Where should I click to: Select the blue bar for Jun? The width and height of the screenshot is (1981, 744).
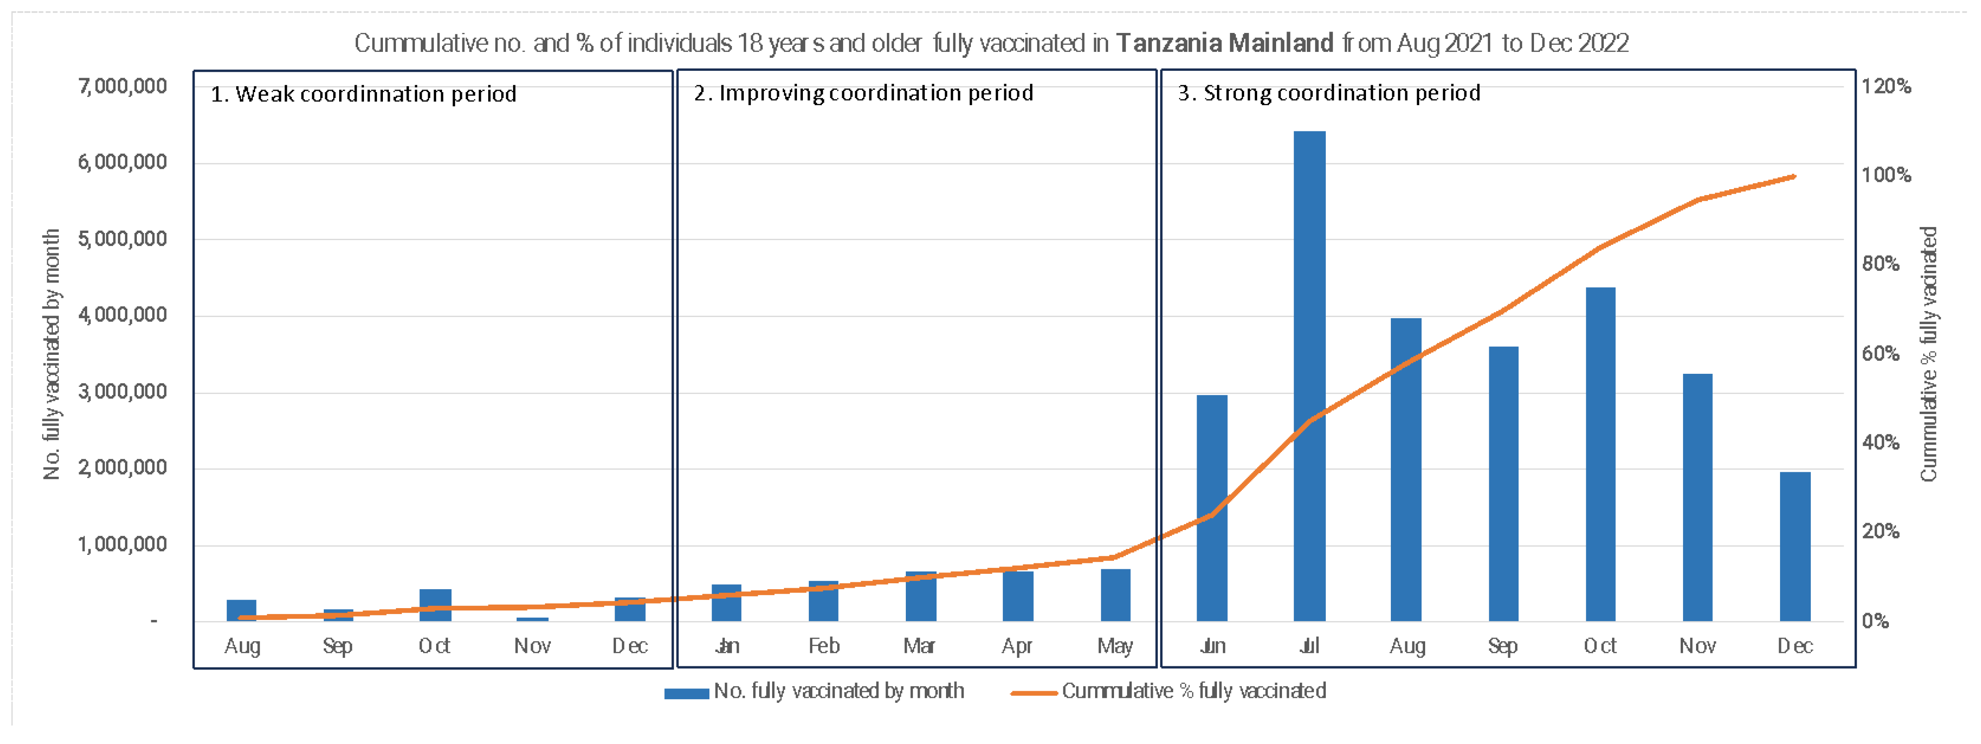(x=1212, y=507)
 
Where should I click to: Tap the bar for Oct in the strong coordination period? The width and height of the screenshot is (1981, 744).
(x=1600, y=453)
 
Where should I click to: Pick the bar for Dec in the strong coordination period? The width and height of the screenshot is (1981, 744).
(x=1795, y=546)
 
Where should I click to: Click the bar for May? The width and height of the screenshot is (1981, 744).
(x=1115, y=595)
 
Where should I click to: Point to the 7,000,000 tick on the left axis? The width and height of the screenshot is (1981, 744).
(x=122, y=86)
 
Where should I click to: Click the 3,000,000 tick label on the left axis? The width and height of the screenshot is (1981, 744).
(x=122, y=392)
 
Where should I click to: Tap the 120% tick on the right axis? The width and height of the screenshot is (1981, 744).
(x=1886, y=86)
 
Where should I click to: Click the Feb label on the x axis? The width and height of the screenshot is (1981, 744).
(x=824, y=646)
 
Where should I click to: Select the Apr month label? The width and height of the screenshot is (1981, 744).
(x=1016, y=646)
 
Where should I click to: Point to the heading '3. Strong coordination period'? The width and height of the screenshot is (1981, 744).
(x=1329, y=93)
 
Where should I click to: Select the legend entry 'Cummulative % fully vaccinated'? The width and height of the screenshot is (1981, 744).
(x=1193, y=691)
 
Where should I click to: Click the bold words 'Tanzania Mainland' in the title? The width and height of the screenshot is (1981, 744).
(x=1224, y=43)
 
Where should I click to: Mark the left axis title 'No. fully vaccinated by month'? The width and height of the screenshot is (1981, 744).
(x=51, y=353)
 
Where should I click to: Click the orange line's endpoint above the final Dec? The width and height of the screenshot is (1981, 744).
(x=1794, y=177)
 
